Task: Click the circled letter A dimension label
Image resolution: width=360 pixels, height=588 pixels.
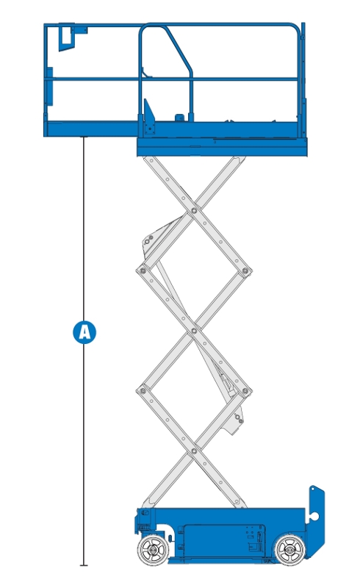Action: coord(84,332)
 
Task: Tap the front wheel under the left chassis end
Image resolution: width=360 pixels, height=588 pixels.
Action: coord(153,550)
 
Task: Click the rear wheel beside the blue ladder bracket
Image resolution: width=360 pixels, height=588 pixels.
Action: coord(290,550)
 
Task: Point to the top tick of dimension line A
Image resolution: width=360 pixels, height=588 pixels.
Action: coord(84,137)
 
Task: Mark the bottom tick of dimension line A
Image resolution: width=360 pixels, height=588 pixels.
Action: coord(84,565)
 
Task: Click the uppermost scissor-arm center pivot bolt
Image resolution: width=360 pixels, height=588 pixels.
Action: coord(194,211)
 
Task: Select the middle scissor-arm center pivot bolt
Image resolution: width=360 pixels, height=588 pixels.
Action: coord(194,331)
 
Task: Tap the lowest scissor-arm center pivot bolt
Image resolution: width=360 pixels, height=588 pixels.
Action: coord(194,451)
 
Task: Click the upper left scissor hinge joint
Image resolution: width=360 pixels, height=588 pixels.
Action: coord(143,270)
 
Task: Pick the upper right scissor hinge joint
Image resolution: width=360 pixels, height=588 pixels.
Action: coord(245,270)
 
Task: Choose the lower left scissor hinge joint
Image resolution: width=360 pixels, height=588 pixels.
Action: coord(143,391)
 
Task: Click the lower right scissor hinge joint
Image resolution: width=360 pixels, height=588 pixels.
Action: coord(245,391)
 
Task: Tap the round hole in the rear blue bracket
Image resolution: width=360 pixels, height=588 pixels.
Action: coord(314,517)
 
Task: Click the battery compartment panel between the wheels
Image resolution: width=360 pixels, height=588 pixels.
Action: coord(221,542)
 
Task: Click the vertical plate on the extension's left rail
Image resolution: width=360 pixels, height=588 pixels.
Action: coord(49,86)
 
